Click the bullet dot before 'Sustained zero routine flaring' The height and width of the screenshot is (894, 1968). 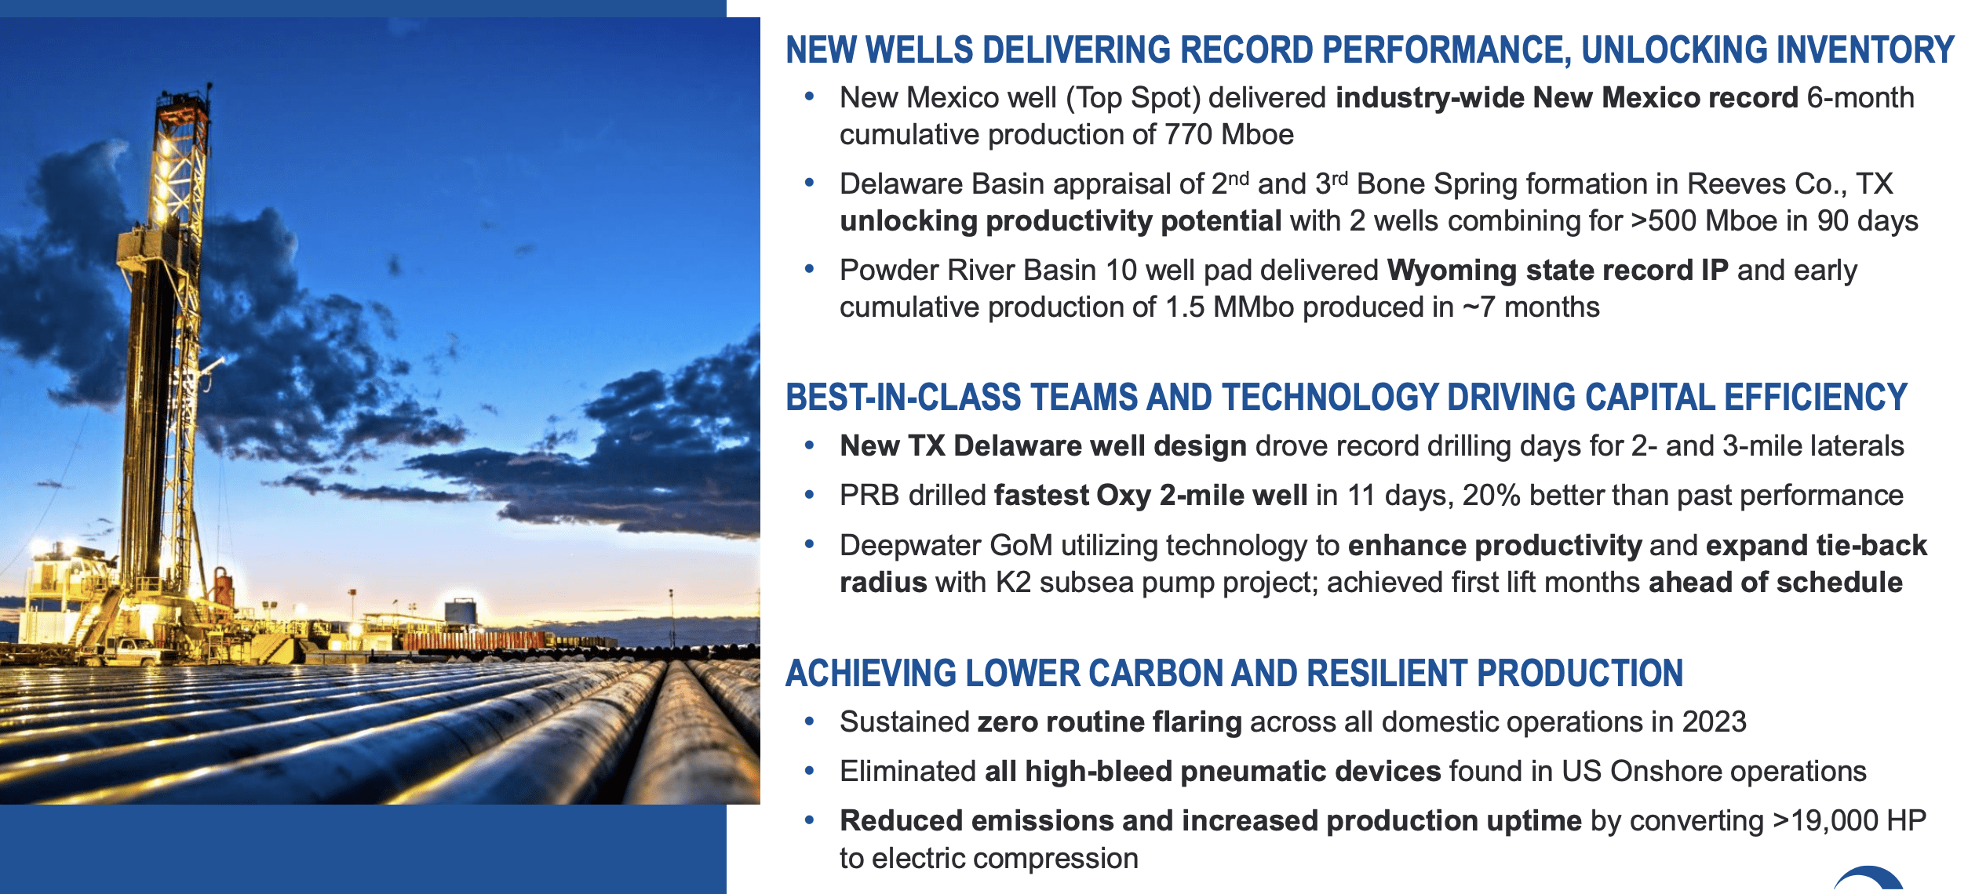pos(809,721)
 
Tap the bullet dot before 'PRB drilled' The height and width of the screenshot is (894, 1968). pos(809,494)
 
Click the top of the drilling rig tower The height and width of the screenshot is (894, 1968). pos(209,85)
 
